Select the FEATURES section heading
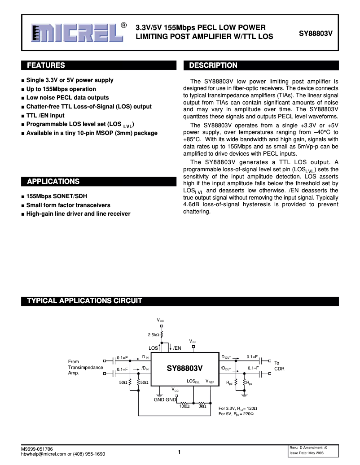click(x=46, y=65)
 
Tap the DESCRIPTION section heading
click(x=213, y=65)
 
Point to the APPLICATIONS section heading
click(x=53, y=182)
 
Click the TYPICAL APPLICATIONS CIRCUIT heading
click(x=85, y=300)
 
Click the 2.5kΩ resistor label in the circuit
click(x=154, y=335)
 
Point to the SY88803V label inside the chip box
click(x=185, y=368)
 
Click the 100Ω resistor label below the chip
click(x=184, y=406)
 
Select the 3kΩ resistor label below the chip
click(x=202, y=406)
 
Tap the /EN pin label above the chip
click(x=177, y=348)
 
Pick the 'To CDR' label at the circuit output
click(x=279, y=365)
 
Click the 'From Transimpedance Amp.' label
click(x=85, y=367)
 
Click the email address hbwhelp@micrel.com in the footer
click(x=44, y=454)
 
